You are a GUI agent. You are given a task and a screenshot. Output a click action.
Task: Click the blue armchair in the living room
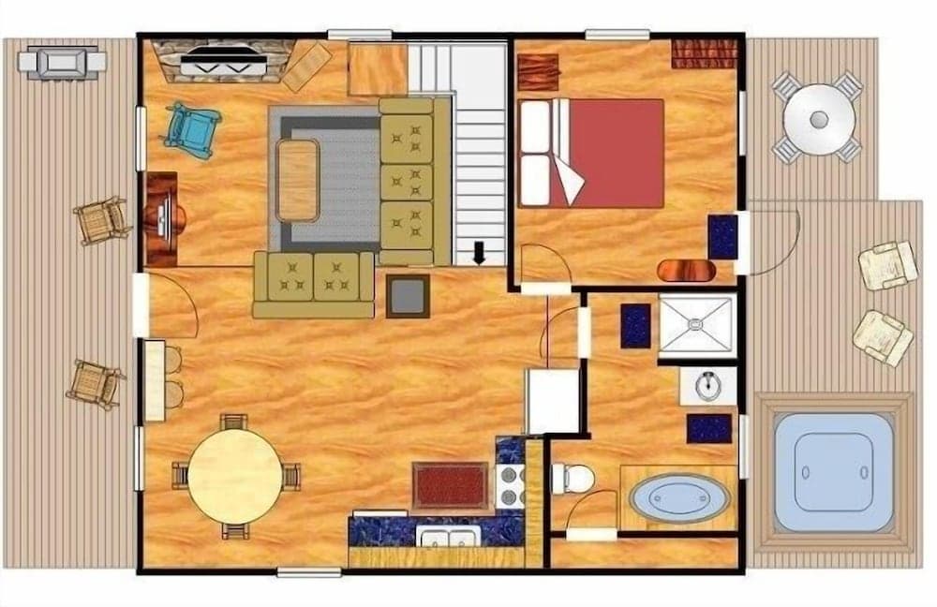click(192, 130)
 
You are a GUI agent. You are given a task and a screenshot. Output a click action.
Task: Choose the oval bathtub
click(678, 498)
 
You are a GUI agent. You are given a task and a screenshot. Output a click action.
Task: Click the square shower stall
click(695, 325)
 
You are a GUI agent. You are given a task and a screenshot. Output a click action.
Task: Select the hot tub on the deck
click(833, 472)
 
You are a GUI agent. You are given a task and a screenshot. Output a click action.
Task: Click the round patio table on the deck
click(819, 120)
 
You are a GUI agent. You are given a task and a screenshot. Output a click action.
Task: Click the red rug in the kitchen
click(450, 486)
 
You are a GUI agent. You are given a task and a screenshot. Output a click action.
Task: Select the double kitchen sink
click(449, 536)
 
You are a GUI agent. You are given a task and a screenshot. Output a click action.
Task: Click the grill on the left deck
click(63, 62)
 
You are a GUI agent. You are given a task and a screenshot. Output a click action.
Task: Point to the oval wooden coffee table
click(298, 180)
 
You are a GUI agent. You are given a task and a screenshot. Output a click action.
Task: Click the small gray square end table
click(408, 296)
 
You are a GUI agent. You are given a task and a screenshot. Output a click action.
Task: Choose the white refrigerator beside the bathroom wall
click(552, 401)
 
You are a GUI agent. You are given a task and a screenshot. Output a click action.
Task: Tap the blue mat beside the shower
click(635, 325)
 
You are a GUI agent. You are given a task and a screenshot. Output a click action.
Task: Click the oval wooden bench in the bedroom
click(686, 271)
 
